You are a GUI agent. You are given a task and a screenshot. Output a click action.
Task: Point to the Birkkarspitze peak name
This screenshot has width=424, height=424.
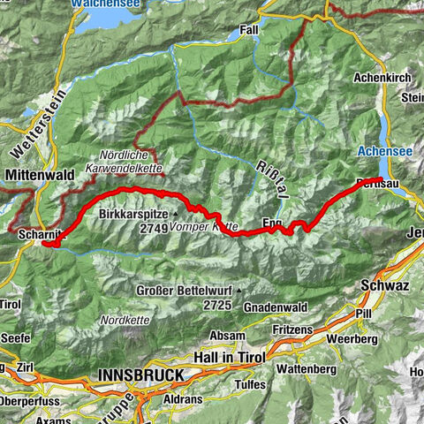tap(134, 214)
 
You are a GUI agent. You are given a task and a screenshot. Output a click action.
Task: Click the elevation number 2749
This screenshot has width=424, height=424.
tap(155, 228)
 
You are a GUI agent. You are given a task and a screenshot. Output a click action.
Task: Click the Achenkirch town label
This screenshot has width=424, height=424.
tap(382, 79)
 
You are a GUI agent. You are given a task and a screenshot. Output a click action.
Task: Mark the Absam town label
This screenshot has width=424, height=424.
tap(228, 336)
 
